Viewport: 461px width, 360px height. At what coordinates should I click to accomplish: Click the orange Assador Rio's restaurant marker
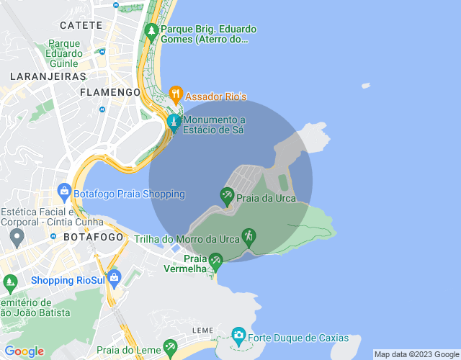(175, 94)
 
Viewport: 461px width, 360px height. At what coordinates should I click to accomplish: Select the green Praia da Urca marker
(227, 195)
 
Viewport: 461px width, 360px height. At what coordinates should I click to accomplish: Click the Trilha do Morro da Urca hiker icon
(249, 236)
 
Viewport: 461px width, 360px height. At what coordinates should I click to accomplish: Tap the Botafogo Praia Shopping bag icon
(64, 192)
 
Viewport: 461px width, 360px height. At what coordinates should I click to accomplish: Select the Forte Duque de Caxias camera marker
(238, 335)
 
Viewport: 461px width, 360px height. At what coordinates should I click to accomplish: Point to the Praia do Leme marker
(170, 348)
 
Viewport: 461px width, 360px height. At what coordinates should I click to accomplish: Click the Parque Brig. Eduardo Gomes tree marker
(151, 31)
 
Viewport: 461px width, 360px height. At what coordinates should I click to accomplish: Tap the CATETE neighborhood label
(81, 25)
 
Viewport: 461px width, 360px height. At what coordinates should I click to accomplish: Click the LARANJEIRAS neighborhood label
(48, 76)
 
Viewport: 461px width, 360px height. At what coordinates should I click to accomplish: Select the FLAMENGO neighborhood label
(110, 93)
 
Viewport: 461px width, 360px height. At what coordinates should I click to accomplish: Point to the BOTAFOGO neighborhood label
(89, 236)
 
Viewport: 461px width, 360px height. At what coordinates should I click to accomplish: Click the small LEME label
(203, 330)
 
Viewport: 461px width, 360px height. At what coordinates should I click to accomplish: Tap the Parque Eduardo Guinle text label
(64, 53)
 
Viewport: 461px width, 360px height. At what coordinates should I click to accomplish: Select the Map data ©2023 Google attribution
(416, 354)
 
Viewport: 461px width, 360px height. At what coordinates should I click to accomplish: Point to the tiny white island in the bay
(366, 86)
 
